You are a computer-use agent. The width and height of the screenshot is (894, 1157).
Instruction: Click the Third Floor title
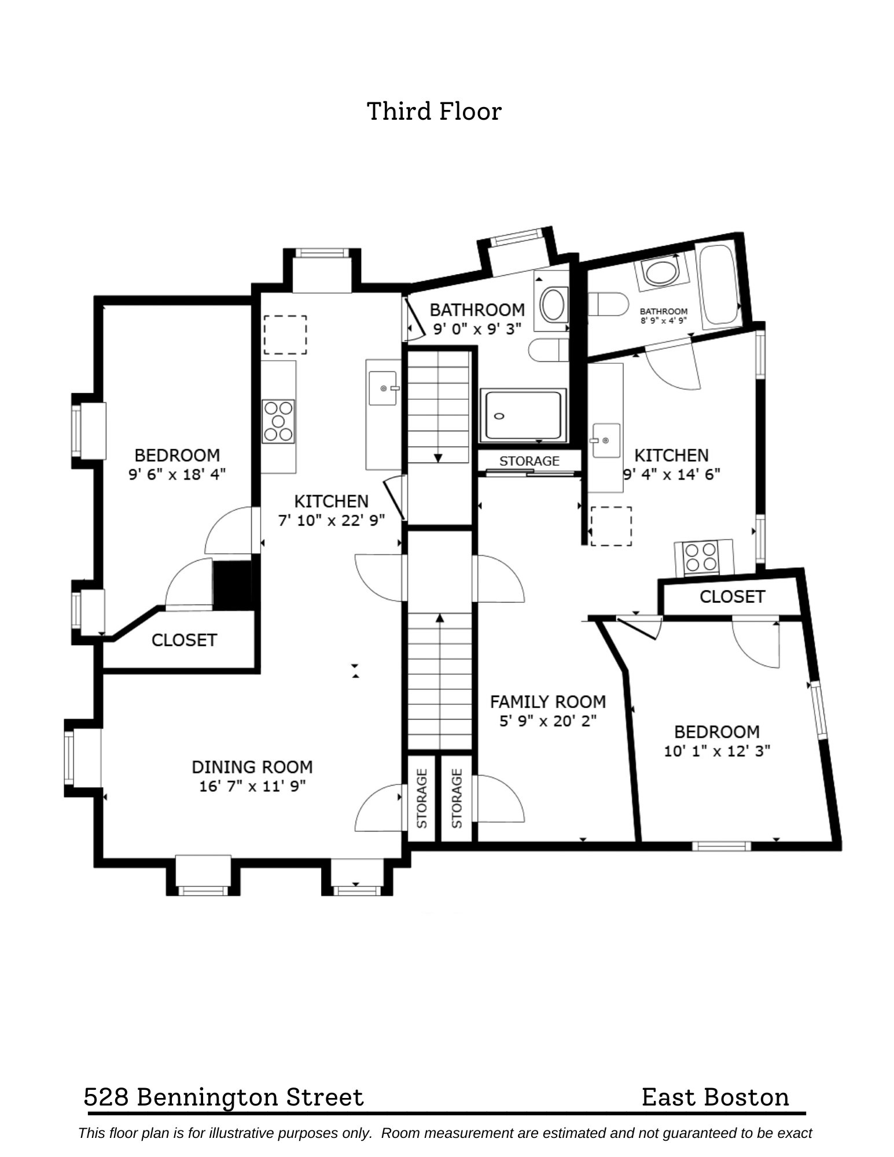(434, 111)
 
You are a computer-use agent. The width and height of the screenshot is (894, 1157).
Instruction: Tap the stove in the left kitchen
(278, 422)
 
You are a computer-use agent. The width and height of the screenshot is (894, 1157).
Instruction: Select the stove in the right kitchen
(701, 558)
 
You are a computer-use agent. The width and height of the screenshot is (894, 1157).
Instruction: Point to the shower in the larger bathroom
(523, 415)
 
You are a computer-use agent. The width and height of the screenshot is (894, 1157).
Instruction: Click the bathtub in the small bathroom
(718, 285)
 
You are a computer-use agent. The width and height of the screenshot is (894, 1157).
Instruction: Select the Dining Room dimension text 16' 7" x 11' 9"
(252, 786)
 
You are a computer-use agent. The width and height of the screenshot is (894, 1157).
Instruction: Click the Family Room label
(547, 702)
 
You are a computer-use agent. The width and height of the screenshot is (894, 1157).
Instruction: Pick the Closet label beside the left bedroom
(184, 640)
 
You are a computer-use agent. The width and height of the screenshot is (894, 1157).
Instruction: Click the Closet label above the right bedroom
(732, 596)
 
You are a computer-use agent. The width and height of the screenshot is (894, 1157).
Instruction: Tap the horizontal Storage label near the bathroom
(529, 461)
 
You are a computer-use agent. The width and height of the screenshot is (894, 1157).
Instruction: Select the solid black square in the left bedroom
(232, 585)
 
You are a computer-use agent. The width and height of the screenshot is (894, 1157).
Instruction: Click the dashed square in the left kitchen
(285, 334)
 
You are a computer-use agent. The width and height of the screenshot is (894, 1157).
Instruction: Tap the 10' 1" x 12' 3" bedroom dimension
(716, 751)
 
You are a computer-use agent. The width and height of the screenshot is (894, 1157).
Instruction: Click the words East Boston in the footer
(715, 1097)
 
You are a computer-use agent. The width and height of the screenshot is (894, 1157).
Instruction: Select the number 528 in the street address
(106, 1097)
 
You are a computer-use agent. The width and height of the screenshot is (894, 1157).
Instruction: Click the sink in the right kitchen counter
(605, 441)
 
